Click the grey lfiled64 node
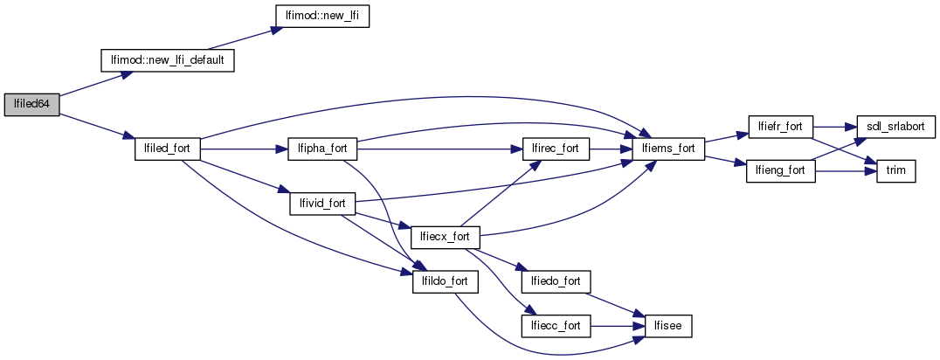31,104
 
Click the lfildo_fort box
445,281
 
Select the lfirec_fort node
555,149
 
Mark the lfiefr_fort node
780,126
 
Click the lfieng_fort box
779,170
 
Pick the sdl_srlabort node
895,126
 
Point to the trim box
895,170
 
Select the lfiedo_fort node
556,281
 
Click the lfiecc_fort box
556,325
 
